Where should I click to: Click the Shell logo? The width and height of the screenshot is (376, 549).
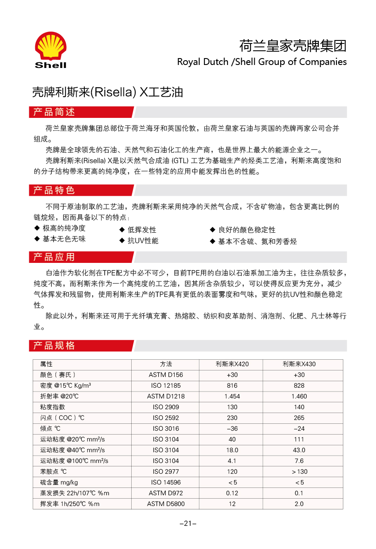[50, 49]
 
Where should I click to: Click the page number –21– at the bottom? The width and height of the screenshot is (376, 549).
[188, 524]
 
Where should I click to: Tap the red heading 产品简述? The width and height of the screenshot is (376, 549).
[54, 112]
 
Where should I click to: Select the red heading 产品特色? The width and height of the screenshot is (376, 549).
[54, 190]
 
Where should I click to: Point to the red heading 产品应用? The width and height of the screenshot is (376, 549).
[54, 257]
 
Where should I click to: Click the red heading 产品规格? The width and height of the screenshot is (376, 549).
[54, 345]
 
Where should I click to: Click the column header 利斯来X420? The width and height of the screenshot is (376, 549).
[232, 364]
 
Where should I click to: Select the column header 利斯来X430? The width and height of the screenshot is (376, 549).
[299, 364]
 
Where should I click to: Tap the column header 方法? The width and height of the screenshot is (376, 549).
[166, 364]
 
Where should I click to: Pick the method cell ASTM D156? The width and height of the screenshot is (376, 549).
[166, 375]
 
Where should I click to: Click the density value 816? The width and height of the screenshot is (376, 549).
[232, 386]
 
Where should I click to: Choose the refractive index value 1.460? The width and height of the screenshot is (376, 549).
[299, 396]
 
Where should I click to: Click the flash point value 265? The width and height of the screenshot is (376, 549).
[299, 418]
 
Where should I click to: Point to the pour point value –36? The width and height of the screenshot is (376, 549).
[232, 429]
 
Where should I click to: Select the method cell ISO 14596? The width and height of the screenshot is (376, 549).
[166, 482]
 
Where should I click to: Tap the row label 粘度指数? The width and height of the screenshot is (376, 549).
[53, 407]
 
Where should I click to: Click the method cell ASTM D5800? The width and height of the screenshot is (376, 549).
[166, 504]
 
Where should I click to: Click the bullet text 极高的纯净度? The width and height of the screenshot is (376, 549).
[64, 228]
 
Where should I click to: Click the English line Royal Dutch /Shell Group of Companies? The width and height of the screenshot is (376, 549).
[262, 62]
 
